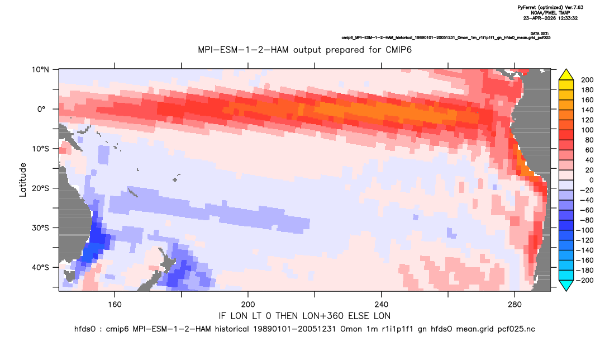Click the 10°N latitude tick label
(x=40, y=70)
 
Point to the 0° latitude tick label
(x=41, y=109)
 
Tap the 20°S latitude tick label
(x=40, y=188)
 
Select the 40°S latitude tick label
(x=40, y=267)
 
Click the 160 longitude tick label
(x=115, y=305)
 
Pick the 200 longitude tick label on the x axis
(x=248, y=305)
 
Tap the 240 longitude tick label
(x=382, y=305)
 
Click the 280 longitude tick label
(x=515, y=305)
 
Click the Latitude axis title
(x=23, y=179)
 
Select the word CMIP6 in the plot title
(x=398, y=50)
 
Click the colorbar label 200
(x=587, y=80)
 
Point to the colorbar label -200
(x=585, y=280)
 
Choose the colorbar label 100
(x=587, y=130)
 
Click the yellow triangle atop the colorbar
(x=566, y=75)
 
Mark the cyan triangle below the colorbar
(x=566, y=286)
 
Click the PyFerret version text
(x=550, y=7)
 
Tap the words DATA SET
(x=540, y=34)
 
